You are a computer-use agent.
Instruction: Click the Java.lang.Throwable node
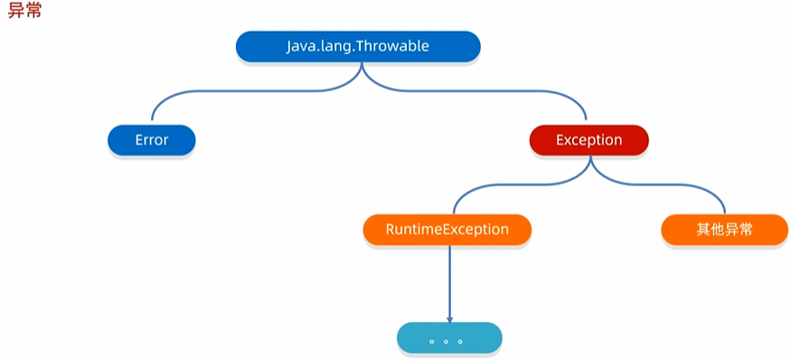pos(358,46)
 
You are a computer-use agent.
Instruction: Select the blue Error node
pos(151,140)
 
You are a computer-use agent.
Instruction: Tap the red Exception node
pos(589,140)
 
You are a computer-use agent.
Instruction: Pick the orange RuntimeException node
pos(447,230)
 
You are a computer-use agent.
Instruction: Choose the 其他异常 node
pos(724,230)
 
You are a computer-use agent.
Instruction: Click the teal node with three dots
pos(449,337)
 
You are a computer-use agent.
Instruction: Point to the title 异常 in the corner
pos(24,10)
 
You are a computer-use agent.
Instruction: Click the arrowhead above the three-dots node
pos(449,319)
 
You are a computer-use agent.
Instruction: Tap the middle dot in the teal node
pos(446,342)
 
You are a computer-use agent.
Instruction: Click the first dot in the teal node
pos(432,342)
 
